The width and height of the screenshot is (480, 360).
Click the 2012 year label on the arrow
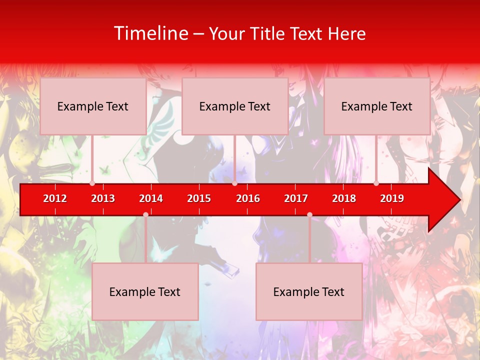pyautogui.click(x=55, y=198)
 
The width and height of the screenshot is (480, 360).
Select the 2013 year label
pyautogui.click(x=103, y=198)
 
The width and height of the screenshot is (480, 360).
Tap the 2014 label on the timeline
pyautogui.click(x=151, y=198)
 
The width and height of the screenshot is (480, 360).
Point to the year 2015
pyautogui.click(x=199, y=198)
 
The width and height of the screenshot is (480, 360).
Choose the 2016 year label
pyautogui.click(x=248, y=198)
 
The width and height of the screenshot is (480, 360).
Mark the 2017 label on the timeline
pyautogui.click(x=296, y=198)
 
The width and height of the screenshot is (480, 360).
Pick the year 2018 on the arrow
pyautogui.click(x=344, y=198)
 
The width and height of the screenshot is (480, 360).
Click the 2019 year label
pyautogui.click(x=392, y=198)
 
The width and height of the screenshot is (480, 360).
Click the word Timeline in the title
pyautogui.click(x=150, y=33)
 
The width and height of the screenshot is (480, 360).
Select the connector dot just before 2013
pyautogui.click(x=92, y=183)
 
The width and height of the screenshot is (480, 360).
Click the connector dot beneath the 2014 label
pyautogui.click(x=145, y=214)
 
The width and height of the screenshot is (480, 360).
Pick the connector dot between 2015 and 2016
pyautogui.click(x=234, y=183)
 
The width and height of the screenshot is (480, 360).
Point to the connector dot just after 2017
pyautogui.click(x=309, y=214)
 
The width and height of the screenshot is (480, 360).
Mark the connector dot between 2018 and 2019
pyautogui.click(x=376, y=183)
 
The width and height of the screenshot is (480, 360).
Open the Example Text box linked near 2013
pyautogui.click(x=93, y=106)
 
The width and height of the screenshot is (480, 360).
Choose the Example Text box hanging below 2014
pyautogui.click(x=145, y=291)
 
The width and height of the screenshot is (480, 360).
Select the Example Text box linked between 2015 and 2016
pyautogui.click(x=235, y=106)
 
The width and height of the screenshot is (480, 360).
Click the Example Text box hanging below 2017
pyautogui.click(x=309, y=291)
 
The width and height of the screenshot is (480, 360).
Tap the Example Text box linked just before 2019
pyautogui.click(x=377, y=106)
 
